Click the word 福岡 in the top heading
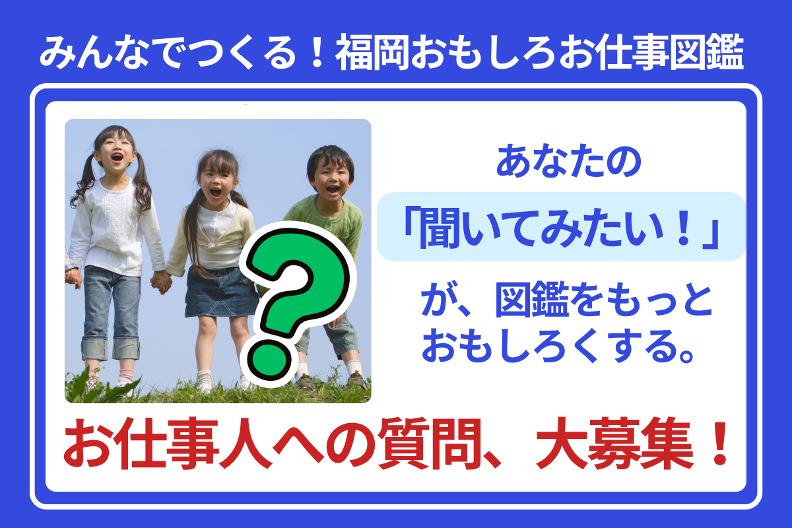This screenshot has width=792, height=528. tap(372, 53)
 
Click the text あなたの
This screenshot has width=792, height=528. tap(568, 161)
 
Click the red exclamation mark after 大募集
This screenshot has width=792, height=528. tap(719, 444)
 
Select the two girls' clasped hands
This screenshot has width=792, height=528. tap(162, 282)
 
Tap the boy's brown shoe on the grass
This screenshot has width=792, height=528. tap(305, 382)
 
